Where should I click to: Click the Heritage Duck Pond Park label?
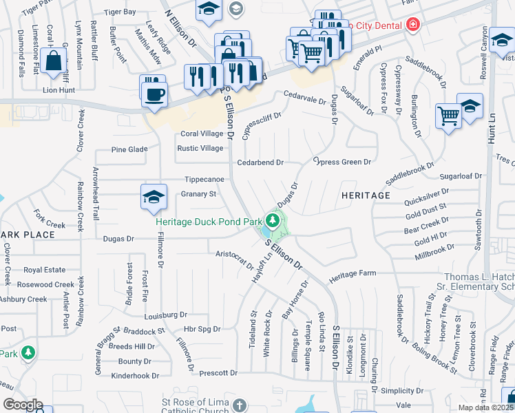209,222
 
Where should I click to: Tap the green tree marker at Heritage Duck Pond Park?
273,221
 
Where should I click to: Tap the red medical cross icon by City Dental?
412,25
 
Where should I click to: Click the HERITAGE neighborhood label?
366,195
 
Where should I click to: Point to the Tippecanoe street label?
204,179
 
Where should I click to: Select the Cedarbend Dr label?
260,162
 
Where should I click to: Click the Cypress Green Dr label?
342,162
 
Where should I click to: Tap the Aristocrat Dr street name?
235,259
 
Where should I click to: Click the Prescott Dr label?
218,373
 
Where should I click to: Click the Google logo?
23,405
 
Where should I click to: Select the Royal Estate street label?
44,271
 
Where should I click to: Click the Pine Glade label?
130,149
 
